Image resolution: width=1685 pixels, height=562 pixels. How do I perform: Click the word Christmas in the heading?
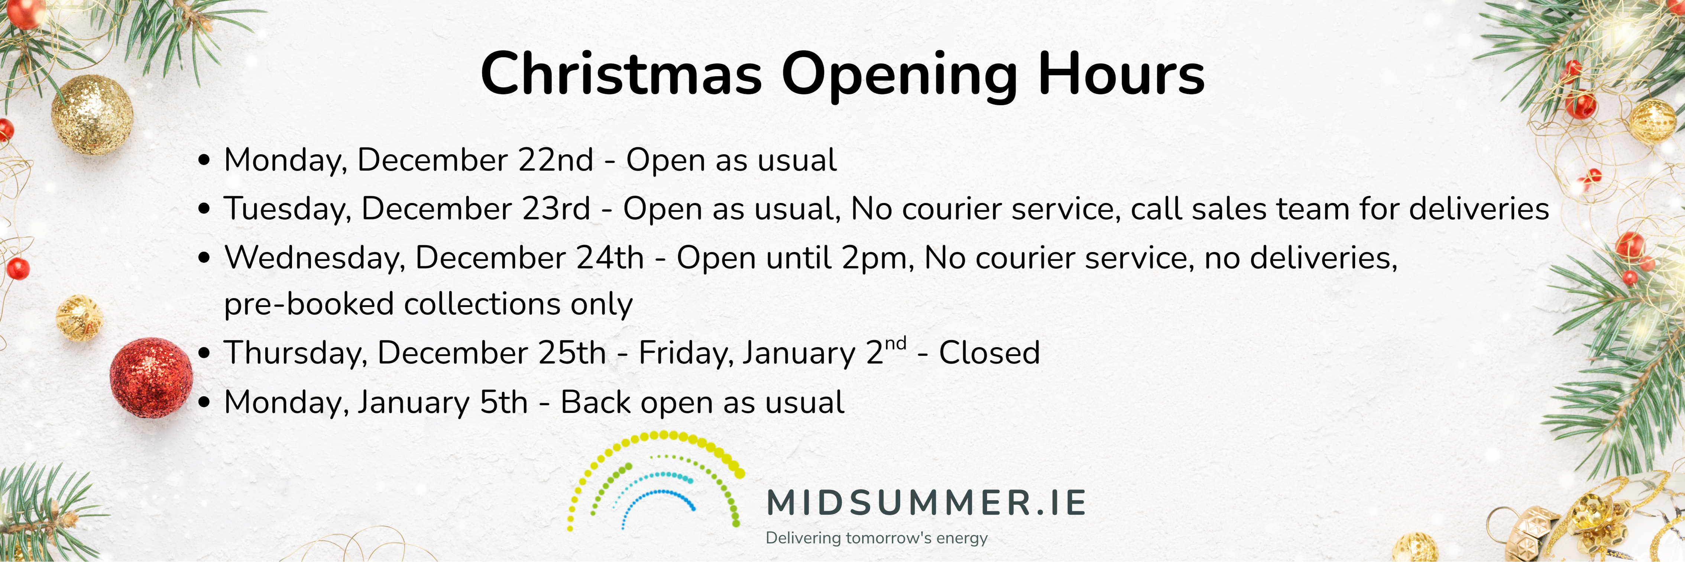[x=621, y=74]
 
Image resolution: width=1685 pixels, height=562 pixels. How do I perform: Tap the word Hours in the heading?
[x=1121, y=74]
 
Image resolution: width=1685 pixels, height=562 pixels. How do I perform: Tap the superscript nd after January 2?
[x=895, y=344]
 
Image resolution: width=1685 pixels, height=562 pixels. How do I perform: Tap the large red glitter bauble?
[x=151, y=378]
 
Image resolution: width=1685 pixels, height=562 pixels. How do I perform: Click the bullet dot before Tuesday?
[x=205, y=209]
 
